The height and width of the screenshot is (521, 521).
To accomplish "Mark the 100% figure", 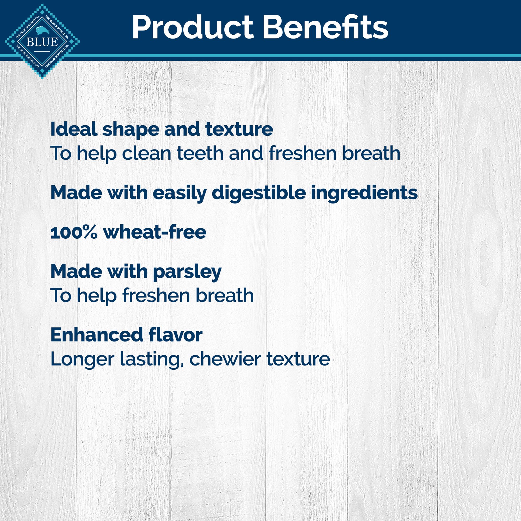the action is [x=74, y=232].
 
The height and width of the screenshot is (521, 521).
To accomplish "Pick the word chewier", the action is [x=225, y=359].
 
